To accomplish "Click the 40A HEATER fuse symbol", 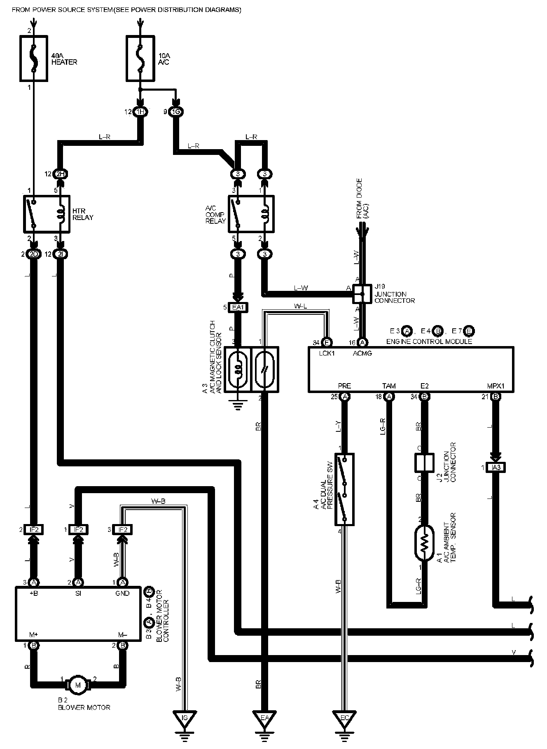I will click(33, 58).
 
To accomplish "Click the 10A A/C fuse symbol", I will click(140, 58).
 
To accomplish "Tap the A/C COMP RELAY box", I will click(250, 213).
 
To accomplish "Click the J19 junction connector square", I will click(360, 294).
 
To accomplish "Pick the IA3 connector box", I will click(496, 468).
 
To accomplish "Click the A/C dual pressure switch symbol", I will click(345, 489).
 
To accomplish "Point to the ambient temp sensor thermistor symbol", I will click(424, 542).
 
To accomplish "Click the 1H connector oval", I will click(140, 112).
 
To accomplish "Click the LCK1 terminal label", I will click(327, 353).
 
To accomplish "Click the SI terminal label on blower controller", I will click(78, 593).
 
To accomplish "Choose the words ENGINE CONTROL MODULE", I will click(429, 342).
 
